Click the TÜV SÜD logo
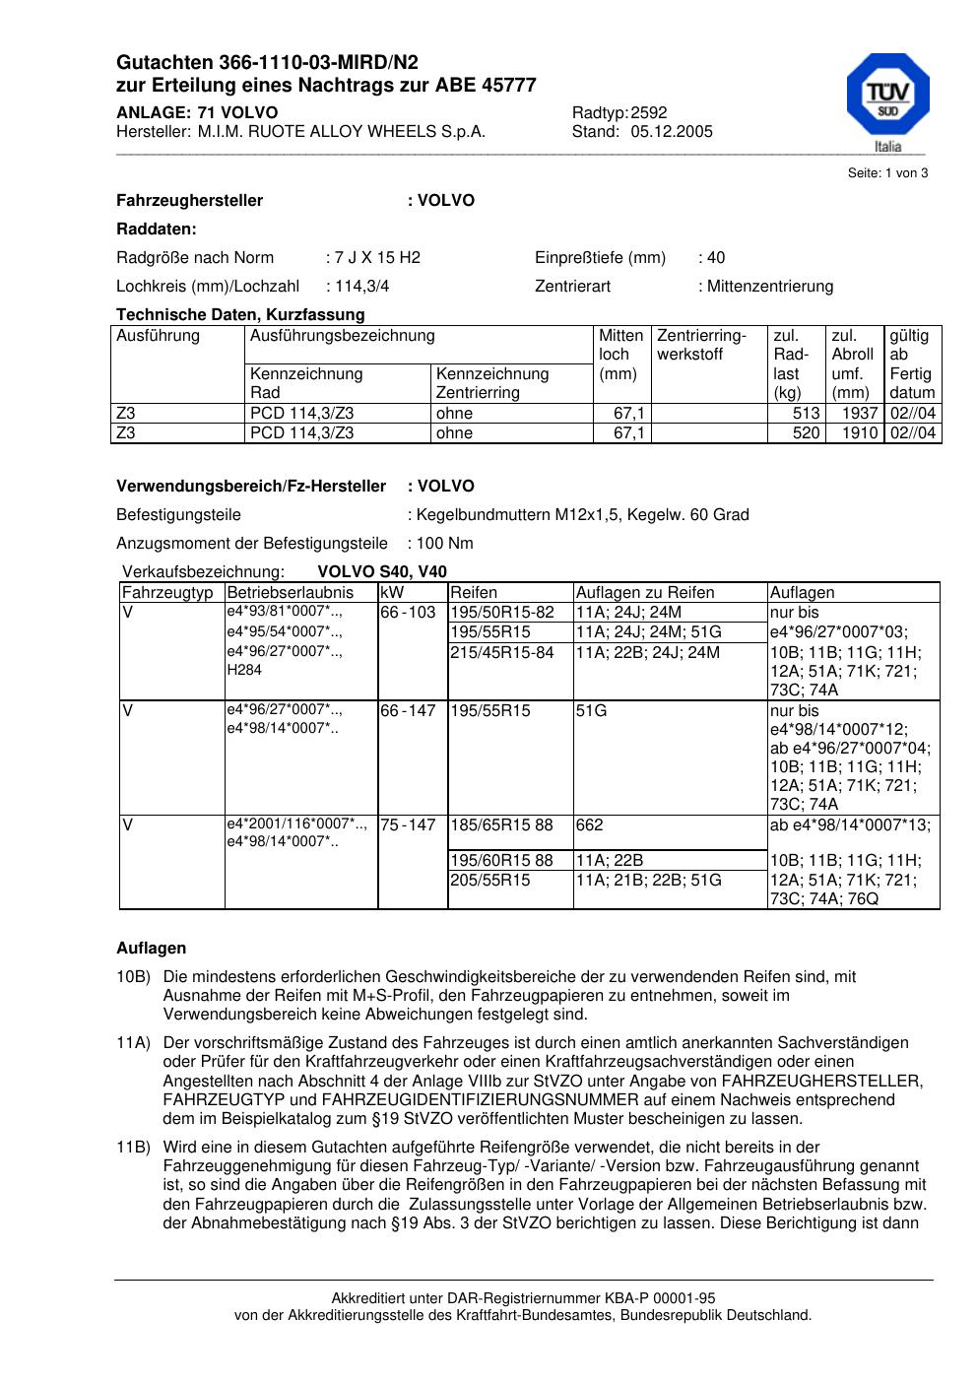[x=887, y=99]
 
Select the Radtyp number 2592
[x=648, y=113]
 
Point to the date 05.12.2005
[x=672, y=132]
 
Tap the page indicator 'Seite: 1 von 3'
[x=887, y=173]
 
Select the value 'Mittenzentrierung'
[x=769, y=287]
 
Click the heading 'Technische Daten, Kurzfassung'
[x=240, y=315]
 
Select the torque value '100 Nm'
[x=444, y=544]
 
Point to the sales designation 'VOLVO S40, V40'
[x=382, y=572]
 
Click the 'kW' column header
[x=391, y=593]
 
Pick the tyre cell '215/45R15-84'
[x=501, y=652]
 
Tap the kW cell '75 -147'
[x=408, y=825]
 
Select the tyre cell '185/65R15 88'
[x=501, y=825]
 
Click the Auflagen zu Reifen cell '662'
[x=590, y=825]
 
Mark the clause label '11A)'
[x=133, y=1043]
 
